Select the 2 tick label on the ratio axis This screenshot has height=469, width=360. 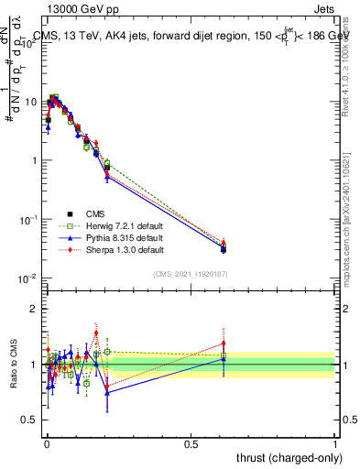(x=33, y=309)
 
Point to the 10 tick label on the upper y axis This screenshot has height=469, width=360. (x=29, y=102)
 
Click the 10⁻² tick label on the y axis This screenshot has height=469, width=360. (x=27, y=278)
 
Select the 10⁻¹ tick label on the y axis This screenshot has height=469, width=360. (x=27, y=220)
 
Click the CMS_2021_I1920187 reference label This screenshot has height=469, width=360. (x=190, y=274)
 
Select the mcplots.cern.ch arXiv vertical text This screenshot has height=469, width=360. (x=347, y=202)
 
